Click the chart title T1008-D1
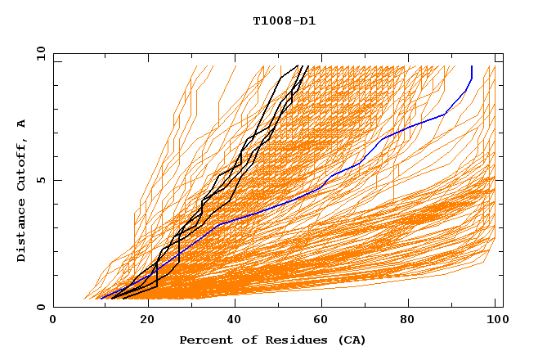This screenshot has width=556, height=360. (284, 20)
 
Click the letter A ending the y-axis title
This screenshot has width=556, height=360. (21, 124)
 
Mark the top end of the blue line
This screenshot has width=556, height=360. (472, 66)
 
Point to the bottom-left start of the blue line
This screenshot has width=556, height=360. (101, 298)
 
